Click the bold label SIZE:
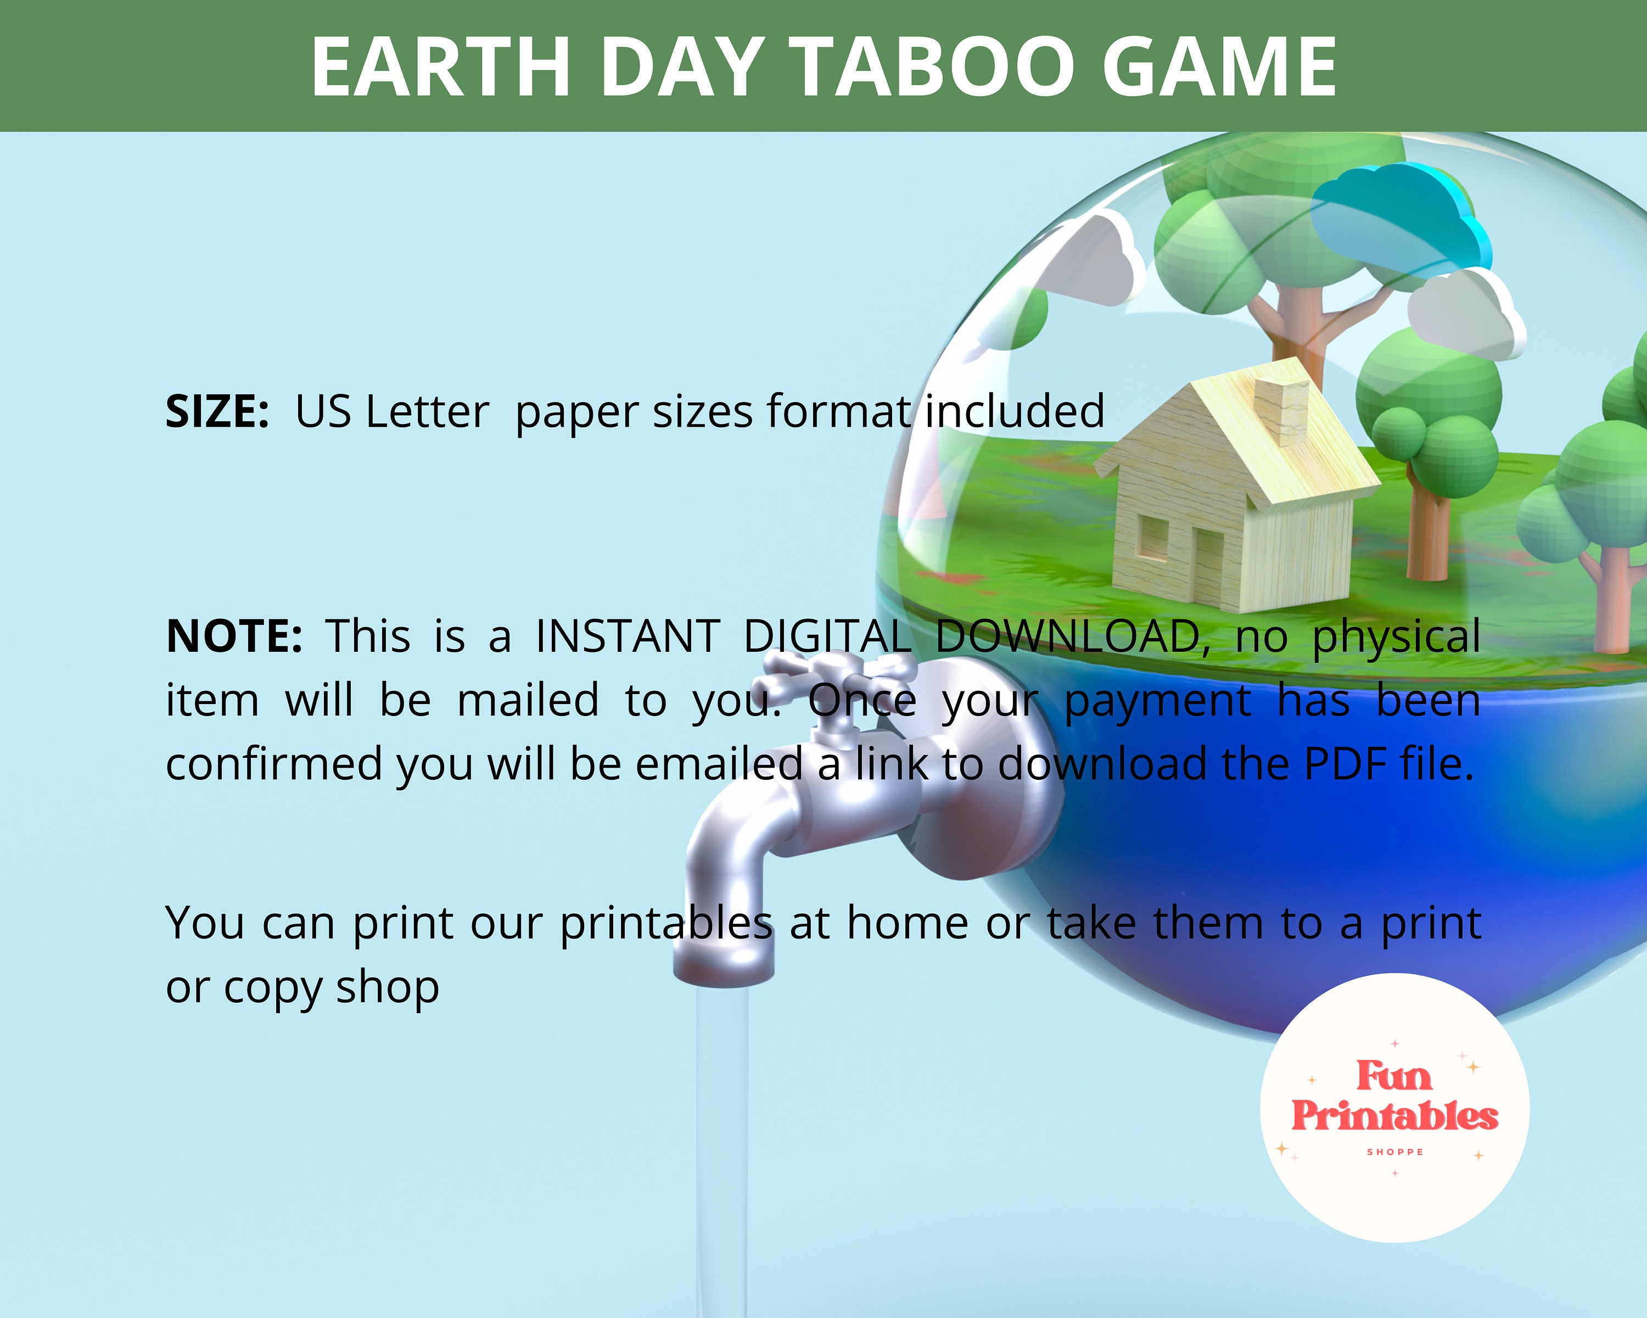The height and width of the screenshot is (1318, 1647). pos(217,412)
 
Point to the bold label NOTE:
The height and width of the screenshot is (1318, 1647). pos(234,636)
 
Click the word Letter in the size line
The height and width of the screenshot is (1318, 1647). pos(427,412)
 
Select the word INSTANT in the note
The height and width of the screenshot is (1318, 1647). pos(627,636)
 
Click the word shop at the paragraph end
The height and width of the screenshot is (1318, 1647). pos(387,987)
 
